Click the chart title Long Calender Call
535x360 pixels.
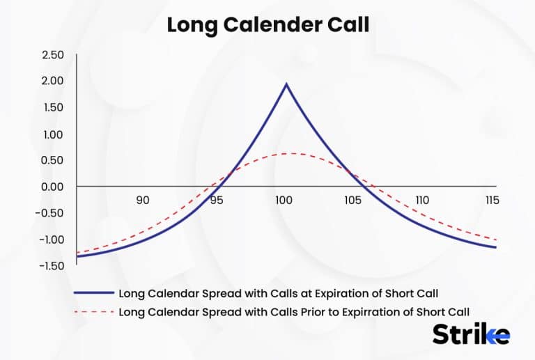coord(267,24)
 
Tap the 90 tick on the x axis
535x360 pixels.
coord(142,201)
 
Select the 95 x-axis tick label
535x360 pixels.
coord(216,201)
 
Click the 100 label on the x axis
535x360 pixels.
coord(283,201)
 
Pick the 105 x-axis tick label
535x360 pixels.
coord(352,201)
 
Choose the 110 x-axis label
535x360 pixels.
coord(421,201)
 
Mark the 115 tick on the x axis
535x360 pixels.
coord(490,201)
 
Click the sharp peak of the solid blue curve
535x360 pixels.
coord(286,84)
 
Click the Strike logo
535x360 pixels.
coord(471,334)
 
